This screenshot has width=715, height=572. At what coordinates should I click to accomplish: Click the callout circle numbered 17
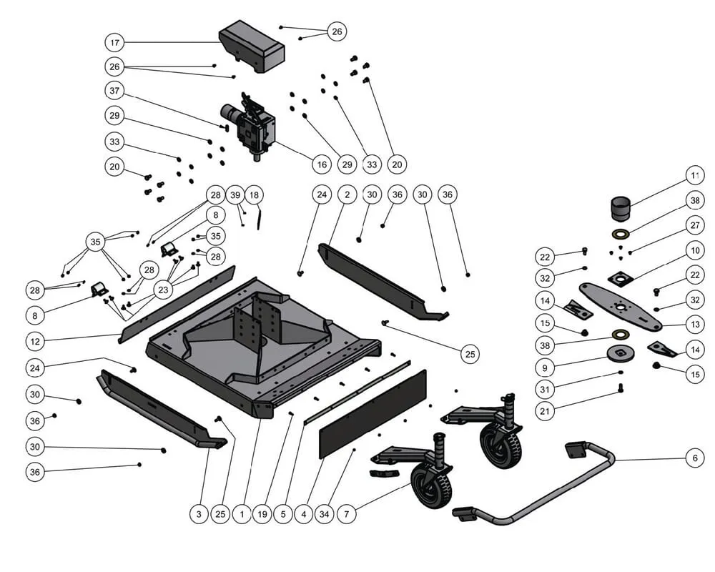[x=114, y=42]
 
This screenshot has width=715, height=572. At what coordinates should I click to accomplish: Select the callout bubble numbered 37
[x=114, y=91]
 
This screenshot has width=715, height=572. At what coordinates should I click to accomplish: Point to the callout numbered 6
[x=694, y=458]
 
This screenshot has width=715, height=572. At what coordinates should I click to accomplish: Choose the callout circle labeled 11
[x=694, y=175]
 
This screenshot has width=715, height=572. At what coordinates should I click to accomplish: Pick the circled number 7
[x=347, y=513]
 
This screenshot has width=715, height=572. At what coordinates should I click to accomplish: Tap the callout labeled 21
[x=545, y=411]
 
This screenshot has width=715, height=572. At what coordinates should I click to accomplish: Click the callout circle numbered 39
[x=235, y=194]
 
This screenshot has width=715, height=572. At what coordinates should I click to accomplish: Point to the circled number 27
[x=694, y=225]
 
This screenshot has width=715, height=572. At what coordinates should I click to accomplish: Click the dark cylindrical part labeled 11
[x=621, y=207]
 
